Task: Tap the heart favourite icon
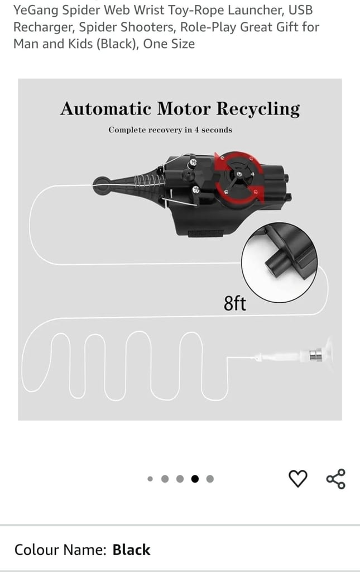[298, 479]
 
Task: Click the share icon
[335, 479]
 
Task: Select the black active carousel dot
[195, 479]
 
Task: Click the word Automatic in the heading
[105, 109]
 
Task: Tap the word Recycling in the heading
[258, 109]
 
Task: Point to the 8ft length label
[234, 303]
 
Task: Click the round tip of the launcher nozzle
[102, 185]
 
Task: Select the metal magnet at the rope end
[316, 355]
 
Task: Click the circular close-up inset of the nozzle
[280, 263]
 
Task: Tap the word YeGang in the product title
[36, 10]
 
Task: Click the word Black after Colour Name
[131, 550]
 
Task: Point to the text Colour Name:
[60, 550]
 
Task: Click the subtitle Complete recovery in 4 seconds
[170, 130]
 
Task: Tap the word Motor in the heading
[184, 109]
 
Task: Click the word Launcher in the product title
[255, 10]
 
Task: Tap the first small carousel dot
[150, 479]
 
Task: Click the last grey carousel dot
[210, 479]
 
